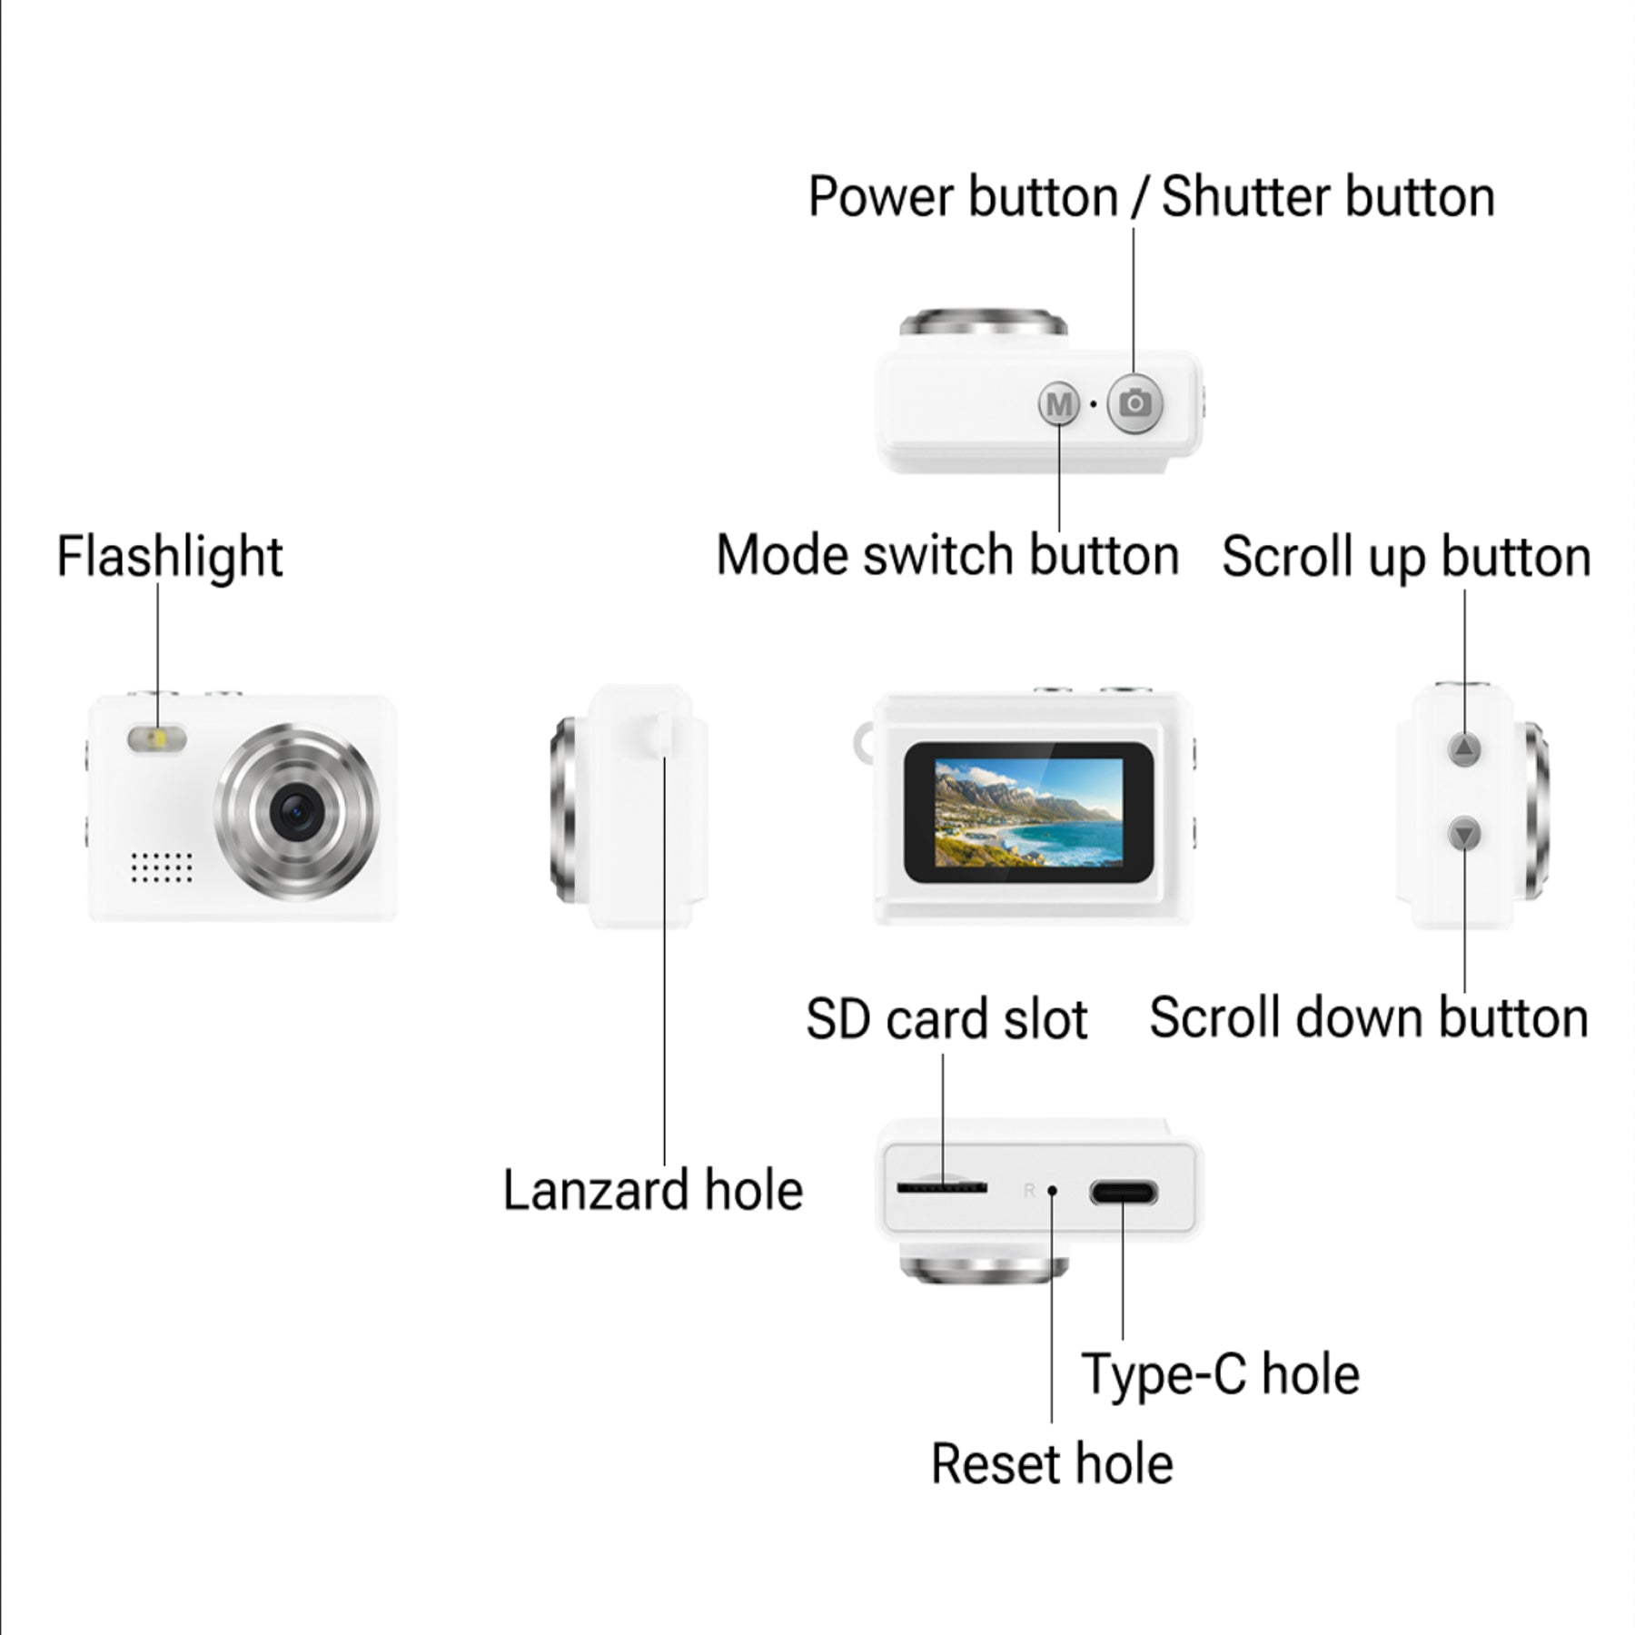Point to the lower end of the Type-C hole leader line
point(1123,1339)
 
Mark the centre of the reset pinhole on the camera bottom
point(1052,1190)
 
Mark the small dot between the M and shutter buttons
point(1094,403)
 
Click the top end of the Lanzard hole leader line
point(665,756)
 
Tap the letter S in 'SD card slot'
point(823,1019)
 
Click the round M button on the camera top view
point(1059,403)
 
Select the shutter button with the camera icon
point(1135,402)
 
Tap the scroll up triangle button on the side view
point(1464,749)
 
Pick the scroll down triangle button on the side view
point(1464,833)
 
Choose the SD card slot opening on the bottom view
point(942,1187)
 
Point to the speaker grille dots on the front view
point(162,867)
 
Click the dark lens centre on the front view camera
point(296,811)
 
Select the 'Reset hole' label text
point(1052,1463)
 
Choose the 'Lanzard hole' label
point(653,1190)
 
